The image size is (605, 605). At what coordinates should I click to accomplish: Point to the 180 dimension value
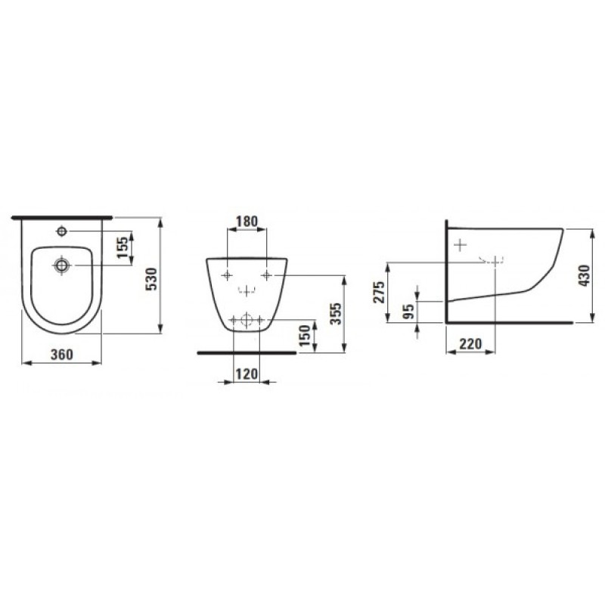pos(247,222)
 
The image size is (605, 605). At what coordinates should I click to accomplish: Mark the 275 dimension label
pos(379,291)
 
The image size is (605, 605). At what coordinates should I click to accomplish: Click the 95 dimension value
pos(408,312)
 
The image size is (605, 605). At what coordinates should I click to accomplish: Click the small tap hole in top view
pos(63,230)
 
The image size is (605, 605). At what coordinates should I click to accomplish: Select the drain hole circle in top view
pos(62,265)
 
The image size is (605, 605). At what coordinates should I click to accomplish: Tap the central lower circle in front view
pos(246,321)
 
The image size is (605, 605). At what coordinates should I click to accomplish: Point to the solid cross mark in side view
pos(459,244)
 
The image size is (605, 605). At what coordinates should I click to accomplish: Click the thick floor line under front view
pos(246,352)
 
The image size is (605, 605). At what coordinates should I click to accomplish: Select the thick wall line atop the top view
pos(63,217)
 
